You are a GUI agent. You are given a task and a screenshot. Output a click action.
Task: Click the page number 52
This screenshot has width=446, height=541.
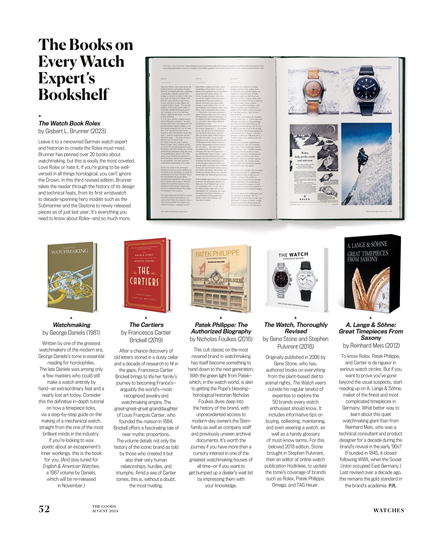pos(44,509)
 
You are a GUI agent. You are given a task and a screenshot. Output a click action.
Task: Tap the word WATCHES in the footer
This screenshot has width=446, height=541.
pos(388,510)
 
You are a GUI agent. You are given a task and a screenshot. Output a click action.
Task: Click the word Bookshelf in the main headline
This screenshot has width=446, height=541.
pos(73,94)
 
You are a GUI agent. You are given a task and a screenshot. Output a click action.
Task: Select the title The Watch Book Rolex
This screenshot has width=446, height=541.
pos(69,123)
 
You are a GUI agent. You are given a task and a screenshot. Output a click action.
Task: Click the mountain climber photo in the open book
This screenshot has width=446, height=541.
pos(366,164)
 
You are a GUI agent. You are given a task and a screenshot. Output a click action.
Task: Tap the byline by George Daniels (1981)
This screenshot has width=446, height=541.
pos(71,333)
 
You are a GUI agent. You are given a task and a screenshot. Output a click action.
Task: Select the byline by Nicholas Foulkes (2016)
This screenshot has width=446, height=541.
pos(221,339)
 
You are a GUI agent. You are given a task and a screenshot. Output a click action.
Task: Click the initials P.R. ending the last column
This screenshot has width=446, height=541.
pos(392,486)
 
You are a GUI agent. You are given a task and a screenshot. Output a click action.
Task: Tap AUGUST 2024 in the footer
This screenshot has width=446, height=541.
pos(105,511)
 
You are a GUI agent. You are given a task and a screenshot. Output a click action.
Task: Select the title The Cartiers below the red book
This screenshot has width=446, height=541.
pos(146,325)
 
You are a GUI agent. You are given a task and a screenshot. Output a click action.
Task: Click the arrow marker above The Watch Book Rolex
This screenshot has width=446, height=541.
pos(40,116)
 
